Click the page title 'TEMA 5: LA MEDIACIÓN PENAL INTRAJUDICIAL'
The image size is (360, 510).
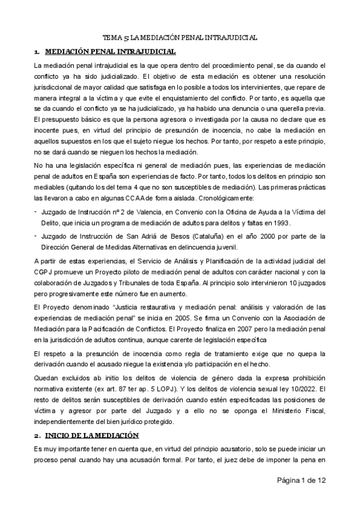[180, 37]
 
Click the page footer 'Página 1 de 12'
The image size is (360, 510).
[302, 497]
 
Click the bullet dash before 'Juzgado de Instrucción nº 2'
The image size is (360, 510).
[36, 210]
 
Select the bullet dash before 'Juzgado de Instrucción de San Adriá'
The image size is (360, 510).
[36, 236]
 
